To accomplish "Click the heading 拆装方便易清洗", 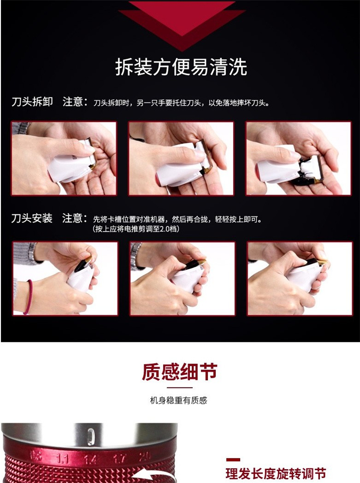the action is pyautogui.click(x=181, y=67).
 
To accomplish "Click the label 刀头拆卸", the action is pyautogui.click(x=32, y=102).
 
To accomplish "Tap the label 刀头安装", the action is pyautogui.click(x=32, y=218).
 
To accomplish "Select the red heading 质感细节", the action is pyautogui.click(x=180, y=372).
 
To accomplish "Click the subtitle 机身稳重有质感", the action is pyautogui.click(x=179, y=400).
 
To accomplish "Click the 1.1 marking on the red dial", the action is pyautogui.click(x=62, y=459).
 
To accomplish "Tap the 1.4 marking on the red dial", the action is pyautogui.click(x=90, y=459).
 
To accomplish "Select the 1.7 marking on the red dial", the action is pyautogui.click(x=119, y=459).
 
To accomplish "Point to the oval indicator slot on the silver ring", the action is pyautogui.click(x=90, y=436).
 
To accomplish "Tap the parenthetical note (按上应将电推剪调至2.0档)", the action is pyautogui.click(x=136, y=229).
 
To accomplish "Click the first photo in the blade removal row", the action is pyautogui.click(x=64, y=158).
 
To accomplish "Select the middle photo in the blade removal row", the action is pyautogui.click(x=181, y=158).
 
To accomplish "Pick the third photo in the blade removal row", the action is pyautogui.click(x=299, y=158).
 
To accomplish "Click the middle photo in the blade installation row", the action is pyautogui.click(x=182, y=279).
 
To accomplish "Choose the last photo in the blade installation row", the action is pyautogui.click(x=300, y=279).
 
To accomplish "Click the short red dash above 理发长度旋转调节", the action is pyautogui.click(x=233, y=460).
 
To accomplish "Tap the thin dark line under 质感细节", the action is pyautogui.click(x=180, y=388).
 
